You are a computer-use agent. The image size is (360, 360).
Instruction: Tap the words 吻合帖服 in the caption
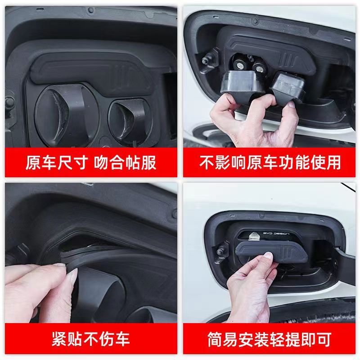click(126, 162)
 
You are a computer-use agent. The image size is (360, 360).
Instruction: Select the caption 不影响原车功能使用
click(270, 162)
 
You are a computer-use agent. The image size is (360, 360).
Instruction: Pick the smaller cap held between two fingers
click(288, 88)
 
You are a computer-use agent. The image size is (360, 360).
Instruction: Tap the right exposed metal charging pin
click(260, 67)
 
